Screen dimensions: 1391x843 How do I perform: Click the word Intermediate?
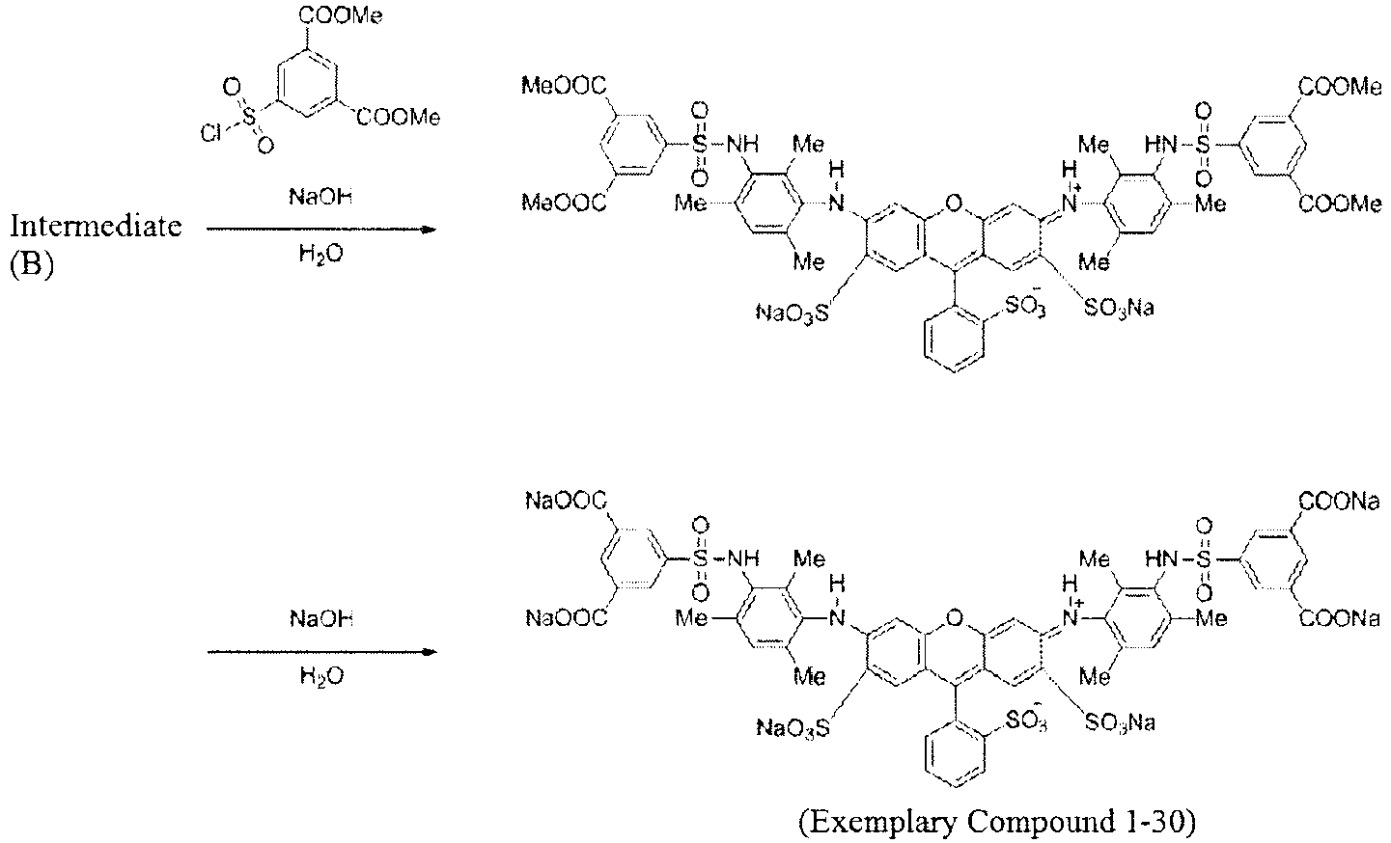pyautogui.click(x=96, y=227)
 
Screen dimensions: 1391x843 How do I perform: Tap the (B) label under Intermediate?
pyautogui.click(x=32, y=263)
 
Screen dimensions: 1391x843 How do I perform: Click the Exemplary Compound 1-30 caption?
pyautogui.click(x=996, y=822)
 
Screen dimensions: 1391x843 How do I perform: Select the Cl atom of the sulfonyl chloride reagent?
pyautogui.click(x=210, y=133)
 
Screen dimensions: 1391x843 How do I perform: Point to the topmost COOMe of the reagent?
pyautogui.click(x=341, y=14)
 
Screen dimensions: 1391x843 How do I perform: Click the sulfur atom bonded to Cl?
pyautogui.click(x=249, y=116)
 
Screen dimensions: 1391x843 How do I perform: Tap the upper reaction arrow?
pyautogui.click(x=321, y=230)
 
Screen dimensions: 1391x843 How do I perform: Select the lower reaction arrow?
pyautogui.click(x=321, y=652)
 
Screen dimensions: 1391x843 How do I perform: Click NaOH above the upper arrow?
pyautogui.click(x=320, y=198)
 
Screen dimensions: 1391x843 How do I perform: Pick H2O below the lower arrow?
pyautogui.click(x=321, y=676)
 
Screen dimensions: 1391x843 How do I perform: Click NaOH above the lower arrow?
pyautogui.click(x=321, y=619)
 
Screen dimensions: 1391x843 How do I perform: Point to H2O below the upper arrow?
pyautogui.click(x=320, y=255)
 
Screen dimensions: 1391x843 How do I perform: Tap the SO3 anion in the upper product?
pyautogui.click(x=1025, y=304)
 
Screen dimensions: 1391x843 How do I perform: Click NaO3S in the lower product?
pyautogui.click(x=793, y=727)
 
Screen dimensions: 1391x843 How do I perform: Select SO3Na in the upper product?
pyautogui.click(x=1119, y=308)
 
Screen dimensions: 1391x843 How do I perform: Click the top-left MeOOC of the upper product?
pyautogui.click(x=564, y=86)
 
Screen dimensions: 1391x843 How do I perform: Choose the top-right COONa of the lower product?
pyautogui.click(x=1340, y=502)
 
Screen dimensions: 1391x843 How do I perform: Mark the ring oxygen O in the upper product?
pyautogui.click(x=954, y=203)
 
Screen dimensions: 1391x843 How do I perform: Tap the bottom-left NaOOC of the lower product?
pyautogui.click(x=567, y=618)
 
